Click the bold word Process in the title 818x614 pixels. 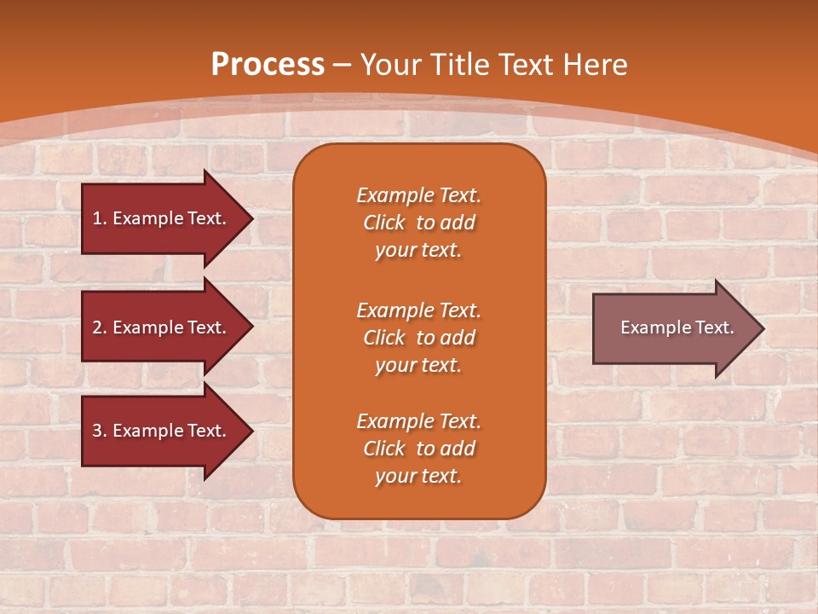[x=268, y=65]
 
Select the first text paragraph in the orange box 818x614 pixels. [x=418, y=223]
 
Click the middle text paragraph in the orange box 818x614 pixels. [x=418, y=338]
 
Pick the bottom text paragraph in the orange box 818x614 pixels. [x=418, y=449]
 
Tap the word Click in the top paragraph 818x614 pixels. [x=384, y=223]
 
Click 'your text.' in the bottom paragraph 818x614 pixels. [x=418, y=477]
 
